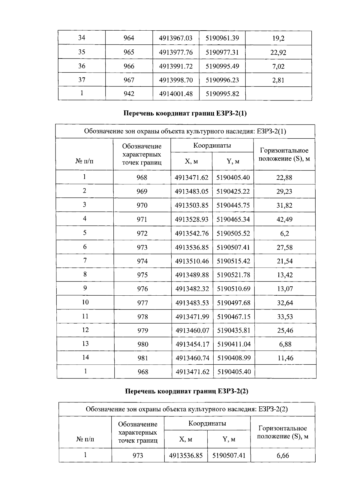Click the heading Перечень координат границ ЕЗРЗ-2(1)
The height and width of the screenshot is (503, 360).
click(x=185, y=113)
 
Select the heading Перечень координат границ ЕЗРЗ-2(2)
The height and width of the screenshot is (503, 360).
click(x=187, y=391)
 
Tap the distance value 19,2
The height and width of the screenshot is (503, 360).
click(x=278, y=38)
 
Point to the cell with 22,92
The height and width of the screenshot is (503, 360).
click(x=278, y=53)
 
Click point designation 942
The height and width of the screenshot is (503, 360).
click(x=129, y=94)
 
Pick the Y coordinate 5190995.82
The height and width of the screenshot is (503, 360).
click(x=222, y=94)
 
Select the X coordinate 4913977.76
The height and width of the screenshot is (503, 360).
click(x=176, y=53)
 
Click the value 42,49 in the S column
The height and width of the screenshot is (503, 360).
click(x=284, y=219)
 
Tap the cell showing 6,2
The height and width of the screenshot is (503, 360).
click(x=284, y=233)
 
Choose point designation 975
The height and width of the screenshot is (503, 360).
click(x=142, y=275)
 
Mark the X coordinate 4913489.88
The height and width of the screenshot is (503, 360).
click(x=192, y=275)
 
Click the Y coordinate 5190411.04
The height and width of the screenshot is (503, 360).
click(x=234, y=344)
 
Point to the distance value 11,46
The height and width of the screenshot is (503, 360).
click(x=285, y=358)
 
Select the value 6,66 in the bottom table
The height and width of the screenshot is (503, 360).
click(x=283, y=456)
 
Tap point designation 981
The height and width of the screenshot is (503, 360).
click(x=143, y=358)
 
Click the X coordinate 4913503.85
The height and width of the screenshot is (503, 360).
click(x=192, y=206)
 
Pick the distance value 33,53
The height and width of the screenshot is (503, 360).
click(x=285, y=317)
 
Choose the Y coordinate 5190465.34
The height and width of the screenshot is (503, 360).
click(x=233, y=219)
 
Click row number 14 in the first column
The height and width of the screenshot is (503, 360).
click(x=85, y=357)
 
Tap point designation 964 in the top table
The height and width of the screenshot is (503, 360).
click(x=129, y=38)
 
